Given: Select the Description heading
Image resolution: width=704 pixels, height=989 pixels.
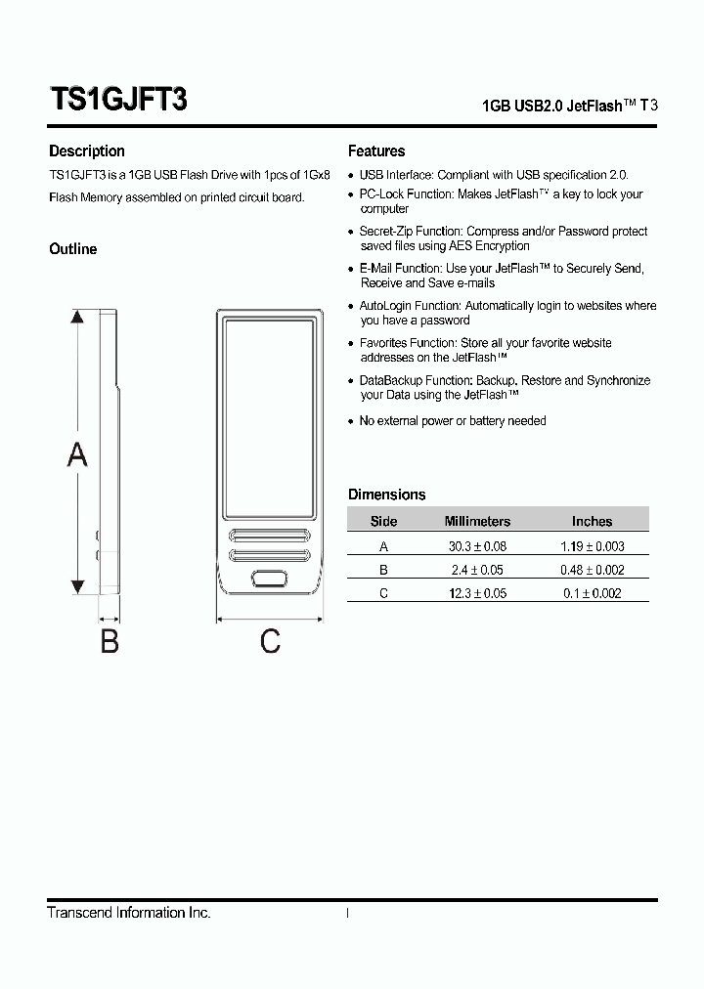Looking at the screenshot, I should (x=87, y=151).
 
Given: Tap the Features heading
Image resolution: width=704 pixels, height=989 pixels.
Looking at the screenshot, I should (x=376, y=151).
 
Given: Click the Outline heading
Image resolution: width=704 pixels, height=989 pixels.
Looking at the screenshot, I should (x=73, y=249).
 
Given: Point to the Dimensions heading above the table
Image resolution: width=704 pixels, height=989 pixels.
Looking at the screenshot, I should (x=387, y=494).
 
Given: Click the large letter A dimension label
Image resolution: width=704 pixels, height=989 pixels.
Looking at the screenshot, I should (x=76, y=453).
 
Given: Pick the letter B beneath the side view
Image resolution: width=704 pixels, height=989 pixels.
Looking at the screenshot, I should (x=110, y=642).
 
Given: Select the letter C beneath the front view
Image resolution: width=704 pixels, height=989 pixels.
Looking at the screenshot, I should (x=270, y=641).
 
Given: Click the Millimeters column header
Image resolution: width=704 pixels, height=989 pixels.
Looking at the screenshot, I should (x=477, y=522).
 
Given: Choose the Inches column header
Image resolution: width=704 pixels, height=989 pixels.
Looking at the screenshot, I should (x=592, y=522).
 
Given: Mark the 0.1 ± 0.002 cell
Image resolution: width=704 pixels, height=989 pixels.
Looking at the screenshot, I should (x=592, y=593).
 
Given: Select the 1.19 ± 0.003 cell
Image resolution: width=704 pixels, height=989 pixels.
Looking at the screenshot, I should (x=592, y=546).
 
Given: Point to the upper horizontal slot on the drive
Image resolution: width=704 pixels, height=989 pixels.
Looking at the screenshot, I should (x=270, y=536).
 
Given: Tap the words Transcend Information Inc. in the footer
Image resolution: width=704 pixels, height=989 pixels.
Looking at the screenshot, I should (x=129, y=913).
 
